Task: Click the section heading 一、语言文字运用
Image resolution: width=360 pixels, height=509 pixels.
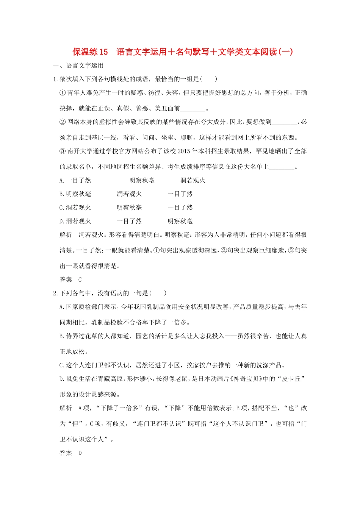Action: [x=78, y=66]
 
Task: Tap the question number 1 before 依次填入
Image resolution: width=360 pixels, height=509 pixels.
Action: [x=55, y=79]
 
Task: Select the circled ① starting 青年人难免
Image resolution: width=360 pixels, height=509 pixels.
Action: [x=63, y=93]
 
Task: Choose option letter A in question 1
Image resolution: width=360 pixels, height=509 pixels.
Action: [x=61, y=181]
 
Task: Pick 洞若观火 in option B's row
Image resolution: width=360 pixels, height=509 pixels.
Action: [x=129, y=194]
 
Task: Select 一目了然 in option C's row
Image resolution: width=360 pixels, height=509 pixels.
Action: [x=180, y=208]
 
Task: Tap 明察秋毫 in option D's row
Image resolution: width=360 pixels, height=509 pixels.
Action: [x=180, y=222]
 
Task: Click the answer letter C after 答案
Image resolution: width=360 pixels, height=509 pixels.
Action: [x=80, y=280]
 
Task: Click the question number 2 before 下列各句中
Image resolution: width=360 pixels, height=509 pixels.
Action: [x=55, y=293]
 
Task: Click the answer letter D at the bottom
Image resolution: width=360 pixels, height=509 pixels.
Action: [x=80, y=453]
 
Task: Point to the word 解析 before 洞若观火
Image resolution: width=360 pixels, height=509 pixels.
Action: [x=66, y=235]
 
